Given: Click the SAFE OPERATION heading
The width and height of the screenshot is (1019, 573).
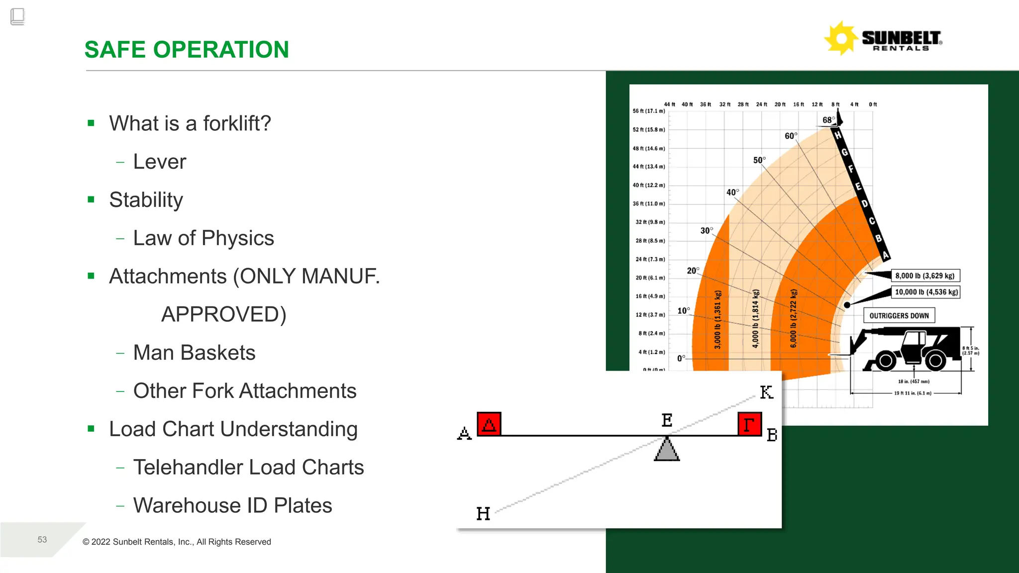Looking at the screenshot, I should coord(187,50).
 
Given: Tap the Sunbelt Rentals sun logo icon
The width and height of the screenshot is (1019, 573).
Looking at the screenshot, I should coord(841,38).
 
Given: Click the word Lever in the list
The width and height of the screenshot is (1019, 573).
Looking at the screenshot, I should coord(159,162).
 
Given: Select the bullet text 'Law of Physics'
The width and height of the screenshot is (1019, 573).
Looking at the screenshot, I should coord(204,238).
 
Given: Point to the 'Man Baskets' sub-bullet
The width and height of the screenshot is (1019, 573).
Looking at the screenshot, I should coord(194,353).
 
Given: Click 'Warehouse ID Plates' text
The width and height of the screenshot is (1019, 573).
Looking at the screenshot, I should coord(232,505).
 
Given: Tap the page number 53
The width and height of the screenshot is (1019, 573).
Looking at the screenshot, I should coord(42,540).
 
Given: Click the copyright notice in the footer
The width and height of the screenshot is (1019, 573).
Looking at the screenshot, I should coord(177,542).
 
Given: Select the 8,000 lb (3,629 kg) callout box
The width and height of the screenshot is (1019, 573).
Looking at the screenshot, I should coord(924,276).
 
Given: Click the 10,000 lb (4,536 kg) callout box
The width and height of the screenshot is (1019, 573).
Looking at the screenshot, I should coord(926,292).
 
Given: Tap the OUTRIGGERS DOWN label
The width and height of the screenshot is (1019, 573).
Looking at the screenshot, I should coord(899,316).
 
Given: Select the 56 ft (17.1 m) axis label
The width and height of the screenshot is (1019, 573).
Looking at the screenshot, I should coord(648,111).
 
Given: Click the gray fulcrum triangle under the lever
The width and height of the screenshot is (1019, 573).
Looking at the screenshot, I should coord(667,450).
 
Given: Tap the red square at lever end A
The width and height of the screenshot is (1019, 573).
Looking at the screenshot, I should coord(489,424).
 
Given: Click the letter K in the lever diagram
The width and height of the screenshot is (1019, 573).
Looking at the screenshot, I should coord(766,392).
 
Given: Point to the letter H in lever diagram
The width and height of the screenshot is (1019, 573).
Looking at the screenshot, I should coord(483,513).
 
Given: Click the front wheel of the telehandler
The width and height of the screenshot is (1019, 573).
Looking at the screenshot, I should coord(886,361).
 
